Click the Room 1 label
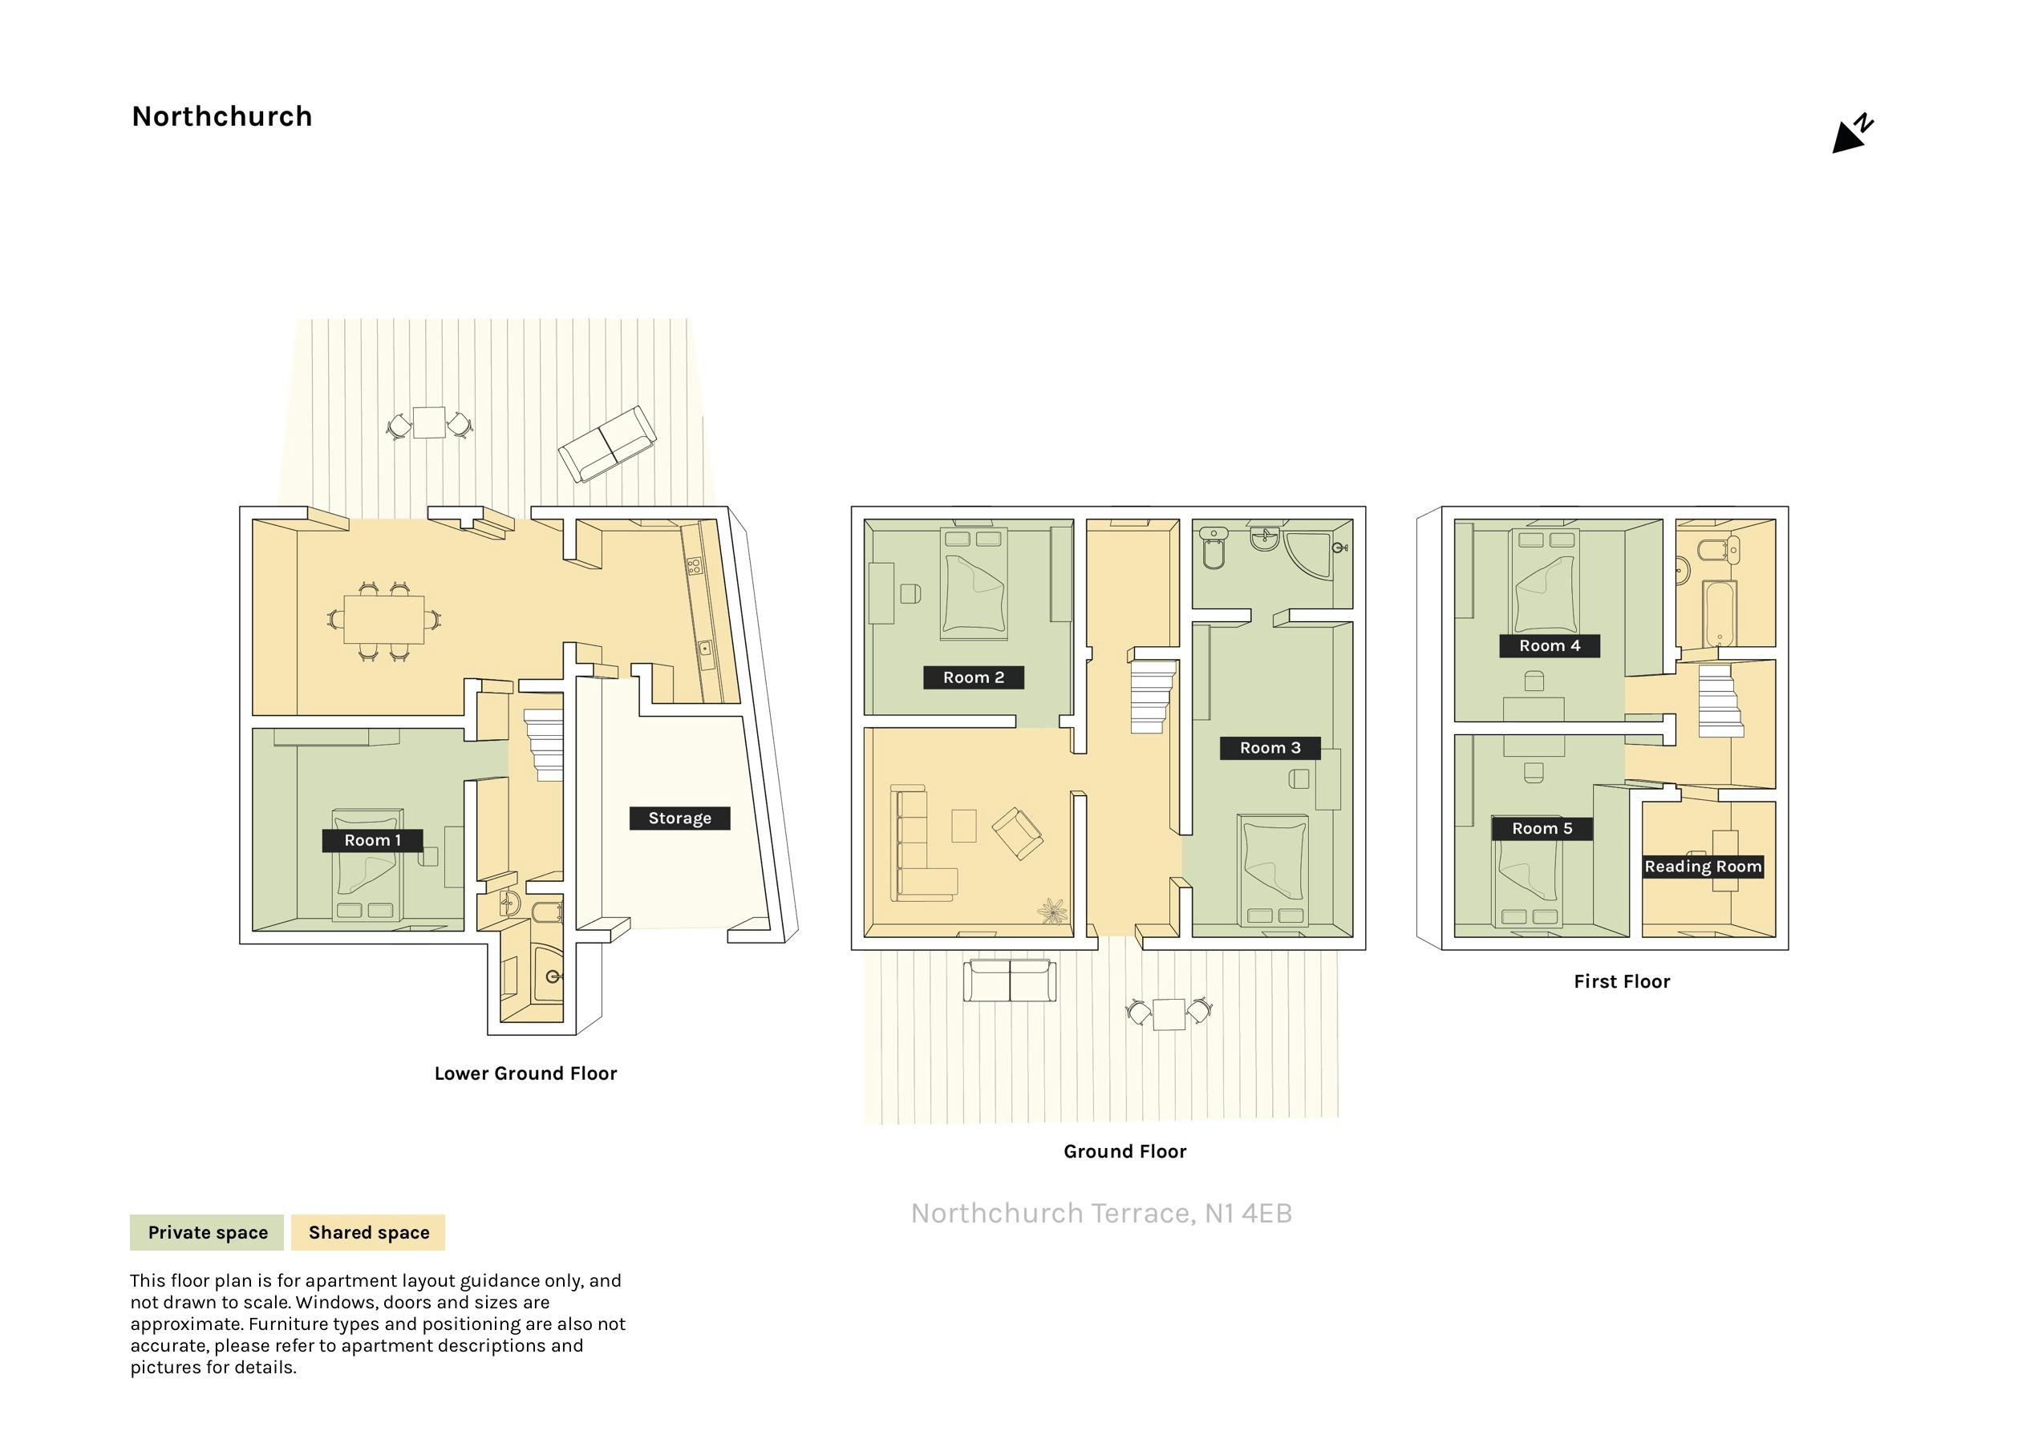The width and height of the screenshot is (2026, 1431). click(372, 841)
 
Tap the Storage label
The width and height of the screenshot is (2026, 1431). click(679, 819)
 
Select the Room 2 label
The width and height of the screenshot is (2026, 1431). click(973, 677)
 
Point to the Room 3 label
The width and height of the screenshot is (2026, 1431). click(1270, 748)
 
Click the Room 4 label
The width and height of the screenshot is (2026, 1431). click(1550, 646)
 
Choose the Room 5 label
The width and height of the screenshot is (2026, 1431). click(1542, 828)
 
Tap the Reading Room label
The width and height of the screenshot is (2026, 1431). click(1703, 867)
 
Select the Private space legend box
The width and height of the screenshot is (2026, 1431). click(206, 1232)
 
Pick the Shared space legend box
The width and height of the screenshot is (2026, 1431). click(368, 1232)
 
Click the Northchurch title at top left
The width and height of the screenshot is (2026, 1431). click(221, 116)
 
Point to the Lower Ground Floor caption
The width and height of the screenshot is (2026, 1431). click(525, 1073)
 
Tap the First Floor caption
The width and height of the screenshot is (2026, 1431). click(1622, 982)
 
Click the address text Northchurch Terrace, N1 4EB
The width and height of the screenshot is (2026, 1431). click(1101, 1214)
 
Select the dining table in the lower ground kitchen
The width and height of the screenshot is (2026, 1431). click(384, 621)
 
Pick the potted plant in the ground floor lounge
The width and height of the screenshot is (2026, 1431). click(1051, 911)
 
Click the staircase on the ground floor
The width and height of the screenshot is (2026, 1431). click(1153, 697)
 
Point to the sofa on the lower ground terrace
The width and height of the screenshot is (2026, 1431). click(606, 445)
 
